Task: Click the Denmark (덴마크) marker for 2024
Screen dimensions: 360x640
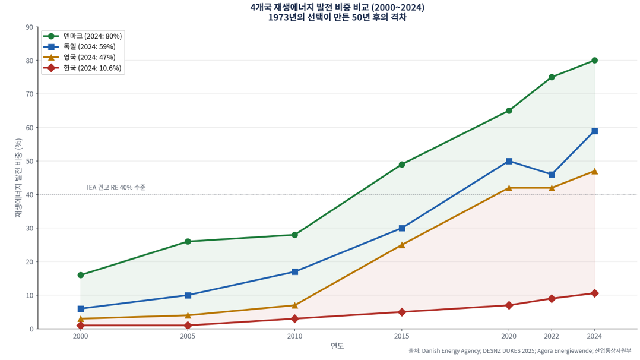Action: (594, 61)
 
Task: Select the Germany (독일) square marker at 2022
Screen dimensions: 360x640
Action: (552, 175)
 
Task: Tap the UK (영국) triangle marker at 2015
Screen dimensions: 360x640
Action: (402, 245)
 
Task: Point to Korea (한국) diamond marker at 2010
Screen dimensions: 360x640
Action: (294, 318)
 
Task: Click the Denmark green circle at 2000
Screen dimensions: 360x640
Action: (81, 275)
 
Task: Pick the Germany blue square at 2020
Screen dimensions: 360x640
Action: (509, 161)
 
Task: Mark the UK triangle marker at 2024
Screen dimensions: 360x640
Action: (594, 171)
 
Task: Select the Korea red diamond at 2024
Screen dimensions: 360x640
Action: (594, 293)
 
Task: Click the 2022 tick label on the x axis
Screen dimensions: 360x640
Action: (552, 336)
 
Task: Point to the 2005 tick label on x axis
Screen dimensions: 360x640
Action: (188, 336)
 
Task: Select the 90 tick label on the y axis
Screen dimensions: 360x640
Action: (30, 27)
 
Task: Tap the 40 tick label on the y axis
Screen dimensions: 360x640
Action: (30, 195)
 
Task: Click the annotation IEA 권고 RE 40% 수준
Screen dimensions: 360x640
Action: (116, 188)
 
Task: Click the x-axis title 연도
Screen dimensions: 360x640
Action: (337, 346)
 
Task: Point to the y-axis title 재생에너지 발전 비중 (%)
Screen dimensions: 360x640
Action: (18, 178)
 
